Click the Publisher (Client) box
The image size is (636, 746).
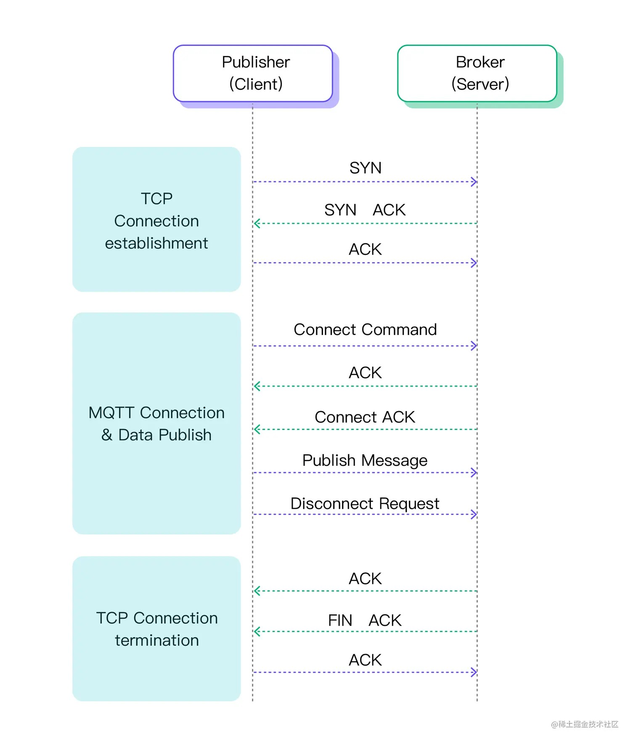(x=253, y=73)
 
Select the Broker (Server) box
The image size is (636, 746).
(x=477, y=73)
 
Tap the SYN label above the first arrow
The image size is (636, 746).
(x=365, y=168)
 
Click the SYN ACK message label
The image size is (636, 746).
(x=365, y=210)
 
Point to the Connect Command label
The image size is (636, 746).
(x=365, y=329)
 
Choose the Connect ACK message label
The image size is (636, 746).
(x=365, y=417)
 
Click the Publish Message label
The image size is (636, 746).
(x=365, y=460)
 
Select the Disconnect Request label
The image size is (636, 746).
(x=365, y=503)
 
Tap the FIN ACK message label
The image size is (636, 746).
(x=365, y=620)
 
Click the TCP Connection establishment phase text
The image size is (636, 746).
(x=156, y=220)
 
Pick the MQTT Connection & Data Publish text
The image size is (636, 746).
(x=156, y=424)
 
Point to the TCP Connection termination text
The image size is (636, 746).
(x=156, y=629)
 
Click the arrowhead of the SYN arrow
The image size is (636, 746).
(x=474, y=182)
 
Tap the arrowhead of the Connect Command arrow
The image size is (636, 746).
(x=474, y=346)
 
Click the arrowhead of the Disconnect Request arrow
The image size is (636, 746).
(x=474, y=514)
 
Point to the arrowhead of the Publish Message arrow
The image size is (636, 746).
(x=474, y=473)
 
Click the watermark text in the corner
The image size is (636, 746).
(x=585, y=724)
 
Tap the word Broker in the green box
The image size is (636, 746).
(x=480, y=62)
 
